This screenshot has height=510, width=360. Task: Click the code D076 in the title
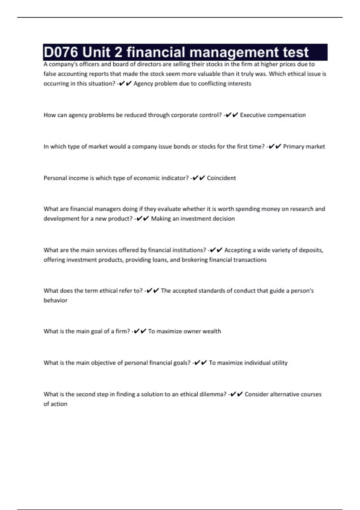coord(61,52)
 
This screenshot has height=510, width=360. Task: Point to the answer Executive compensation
coord(273,115)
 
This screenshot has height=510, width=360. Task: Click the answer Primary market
coord(304,147)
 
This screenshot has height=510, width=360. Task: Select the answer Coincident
coord(221,178)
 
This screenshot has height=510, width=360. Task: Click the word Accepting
coord(238,250)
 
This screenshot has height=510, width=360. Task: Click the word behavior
coord(55,300)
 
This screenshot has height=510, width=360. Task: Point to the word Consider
coord(256,394)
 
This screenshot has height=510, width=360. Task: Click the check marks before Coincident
coord(199,178)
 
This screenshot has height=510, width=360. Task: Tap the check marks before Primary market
coord(275,147)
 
